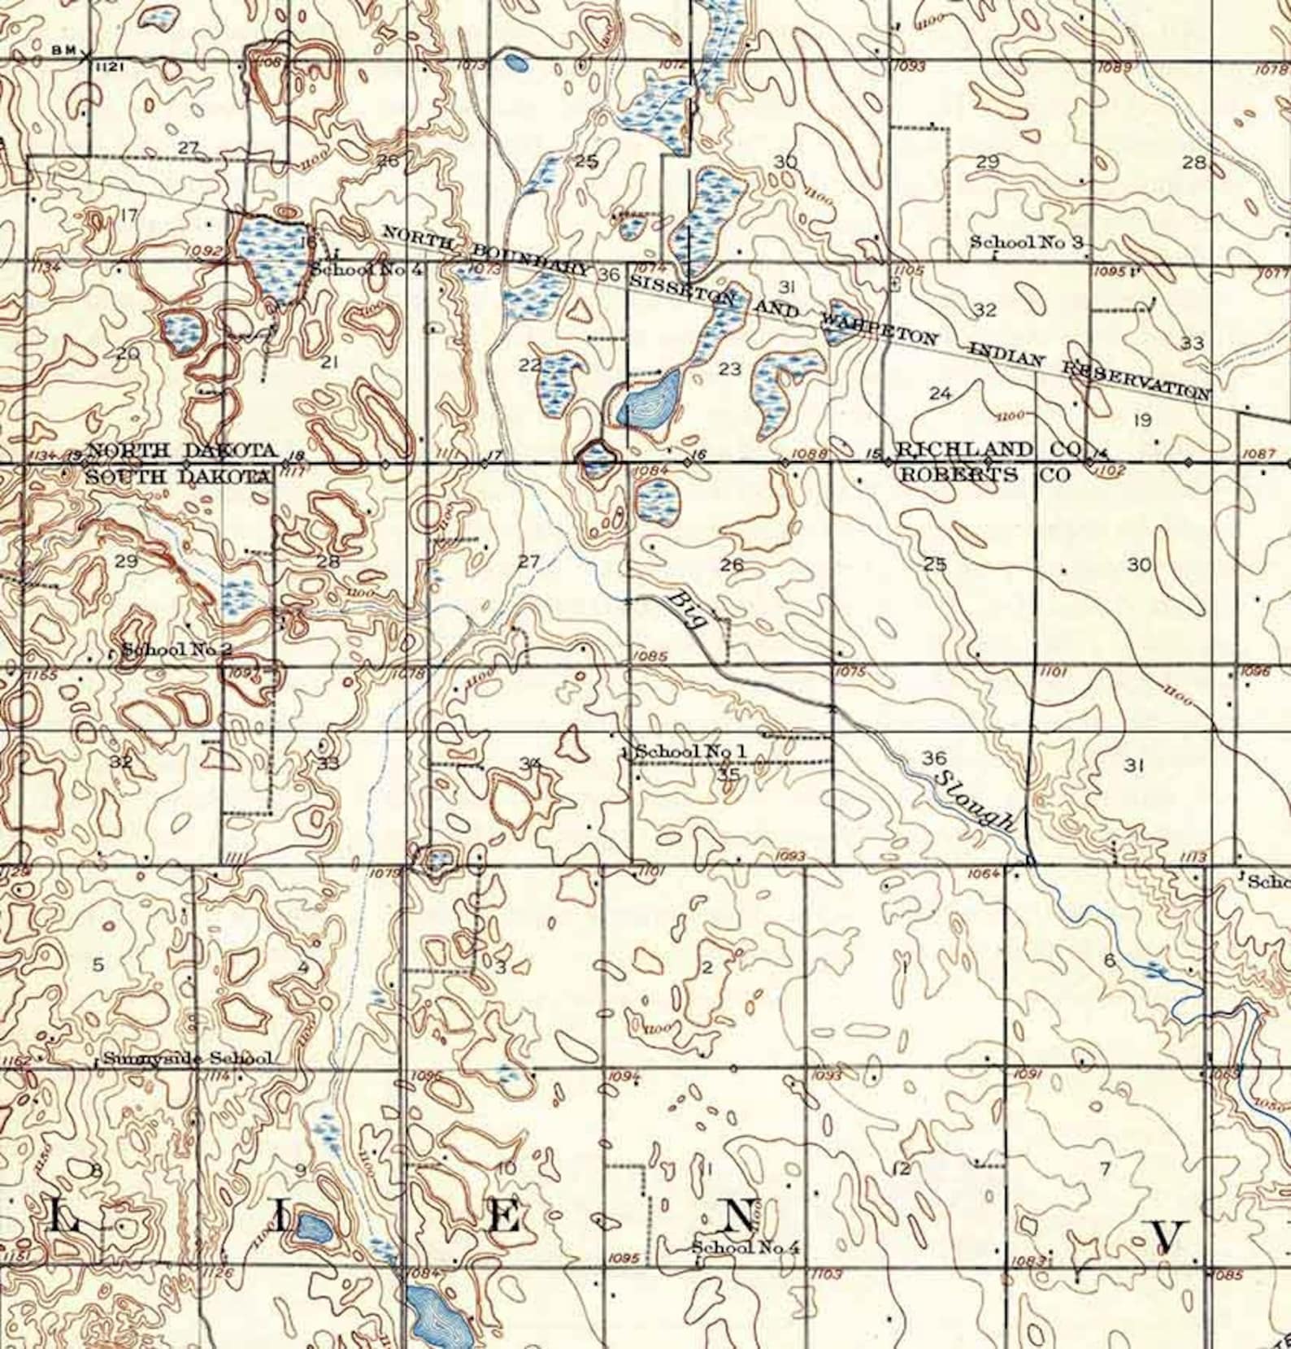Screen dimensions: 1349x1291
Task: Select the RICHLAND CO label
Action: (987, 450)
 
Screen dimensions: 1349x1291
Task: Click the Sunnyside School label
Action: (188, 1059)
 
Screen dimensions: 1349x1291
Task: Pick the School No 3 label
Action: (1027, 242)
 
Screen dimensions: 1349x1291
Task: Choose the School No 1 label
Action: (690, 751)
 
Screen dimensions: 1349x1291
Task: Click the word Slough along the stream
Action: (975, 801)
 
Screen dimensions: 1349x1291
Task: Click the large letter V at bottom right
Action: (1167, 1236)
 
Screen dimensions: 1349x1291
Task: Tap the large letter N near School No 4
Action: (737, 1217)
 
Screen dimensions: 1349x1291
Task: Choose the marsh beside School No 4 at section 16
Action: (273, 259)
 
